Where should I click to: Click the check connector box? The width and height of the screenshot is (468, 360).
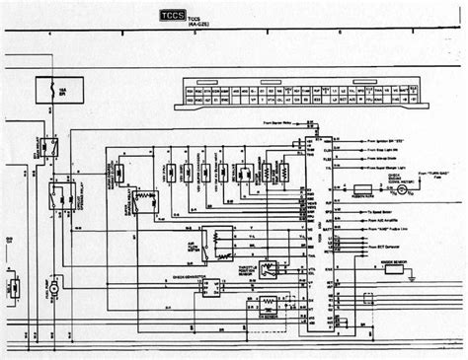pyautogui.click(x=209, y=285)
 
